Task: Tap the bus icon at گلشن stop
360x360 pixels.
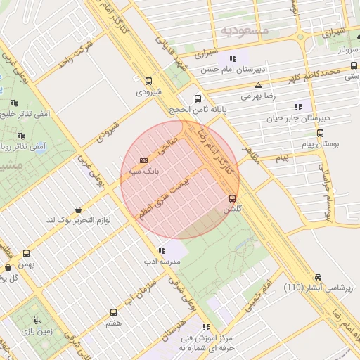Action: point(232,198)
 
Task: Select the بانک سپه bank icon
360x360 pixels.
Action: point(144,160)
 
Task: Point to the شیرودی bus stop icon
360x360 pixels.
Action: point(148,81)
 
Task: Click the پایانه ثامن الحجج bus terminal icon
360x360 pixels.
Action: point(198,99)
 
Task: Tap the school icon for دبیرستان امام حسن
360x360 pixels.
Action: point(232,59)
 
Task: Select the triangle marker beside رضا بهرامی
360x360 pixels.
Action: point(258,84)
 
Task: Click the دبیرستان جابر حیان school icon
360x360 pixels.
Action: point(299,107)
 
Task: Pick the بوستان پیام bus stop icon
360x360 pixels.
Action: point(321,132)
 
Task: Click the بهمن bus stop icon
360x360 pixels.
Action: point(27,252)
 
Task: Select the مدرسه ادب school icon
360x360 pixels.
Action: point(162,250)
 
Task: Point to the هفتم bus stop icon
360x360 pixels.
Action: point(113,312)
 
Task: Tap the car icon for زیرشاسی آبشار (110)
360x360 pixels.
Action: point(319,277)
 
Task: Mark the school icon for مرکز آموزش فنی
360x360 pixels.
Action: point(206,327)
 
